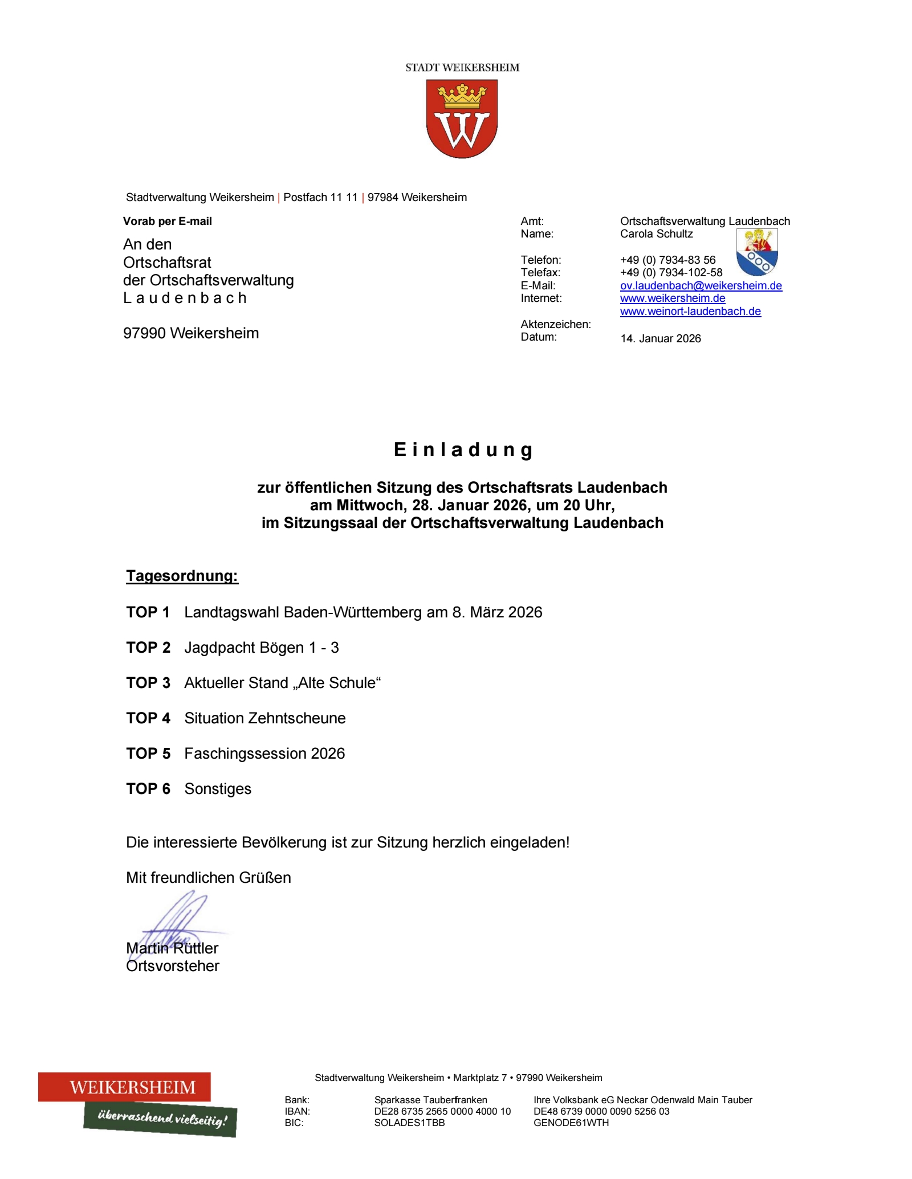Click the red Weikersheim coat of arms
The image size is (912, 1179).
tap(462, 118)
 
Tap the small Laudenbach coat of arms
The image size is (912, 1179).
tap(757, 252)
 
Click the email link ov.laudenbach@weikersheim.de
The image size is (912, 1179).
tap(701, 286)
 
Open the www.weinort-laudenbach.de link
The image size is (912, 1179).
tap(690, 312)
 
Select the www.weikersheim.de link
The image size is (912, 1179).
tap(673, 298)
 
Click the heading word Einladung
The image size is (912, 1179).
tap(463, 450)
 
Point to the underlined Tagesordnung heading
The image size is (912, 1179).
tap(182, 576)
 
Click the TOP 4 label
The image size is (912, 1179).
tap(148, 718)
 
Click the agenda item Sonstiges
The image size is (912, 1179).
tap(218, 789)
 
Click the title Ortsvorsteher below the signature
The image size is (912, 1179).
tap(173, 966)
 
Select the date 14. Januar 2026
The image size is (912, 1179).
tap(661, 339)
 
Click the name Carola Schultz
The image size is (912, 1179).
tap(657, 234)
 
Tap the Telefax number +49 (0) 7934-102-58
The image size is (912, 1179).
tap(671, 273)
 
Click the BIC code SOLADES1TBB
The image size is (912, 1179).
tap(409, 1123)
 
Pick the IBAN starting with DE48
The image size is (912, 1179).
tap(601, 1111)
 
